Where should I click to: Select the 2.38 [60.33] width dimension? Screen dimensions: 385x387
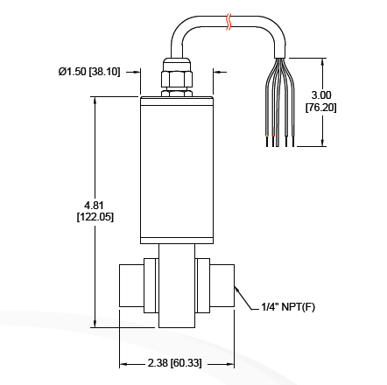(175, 362)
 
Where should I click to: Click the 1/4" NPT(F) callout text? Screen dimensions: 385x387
(288, 307)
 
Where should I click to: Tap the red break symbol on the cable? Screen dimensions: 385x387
(229, 22)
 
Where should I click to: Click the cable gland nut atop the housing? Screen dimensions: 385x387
(177, 78)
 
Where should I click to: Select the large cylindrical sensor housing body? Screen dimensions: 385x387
(177, 166)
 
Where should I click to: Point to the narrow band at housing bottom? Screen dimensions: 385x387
(177, 239)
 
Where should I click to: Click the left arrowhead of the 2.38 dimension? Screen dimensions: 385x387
(123, 362)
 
